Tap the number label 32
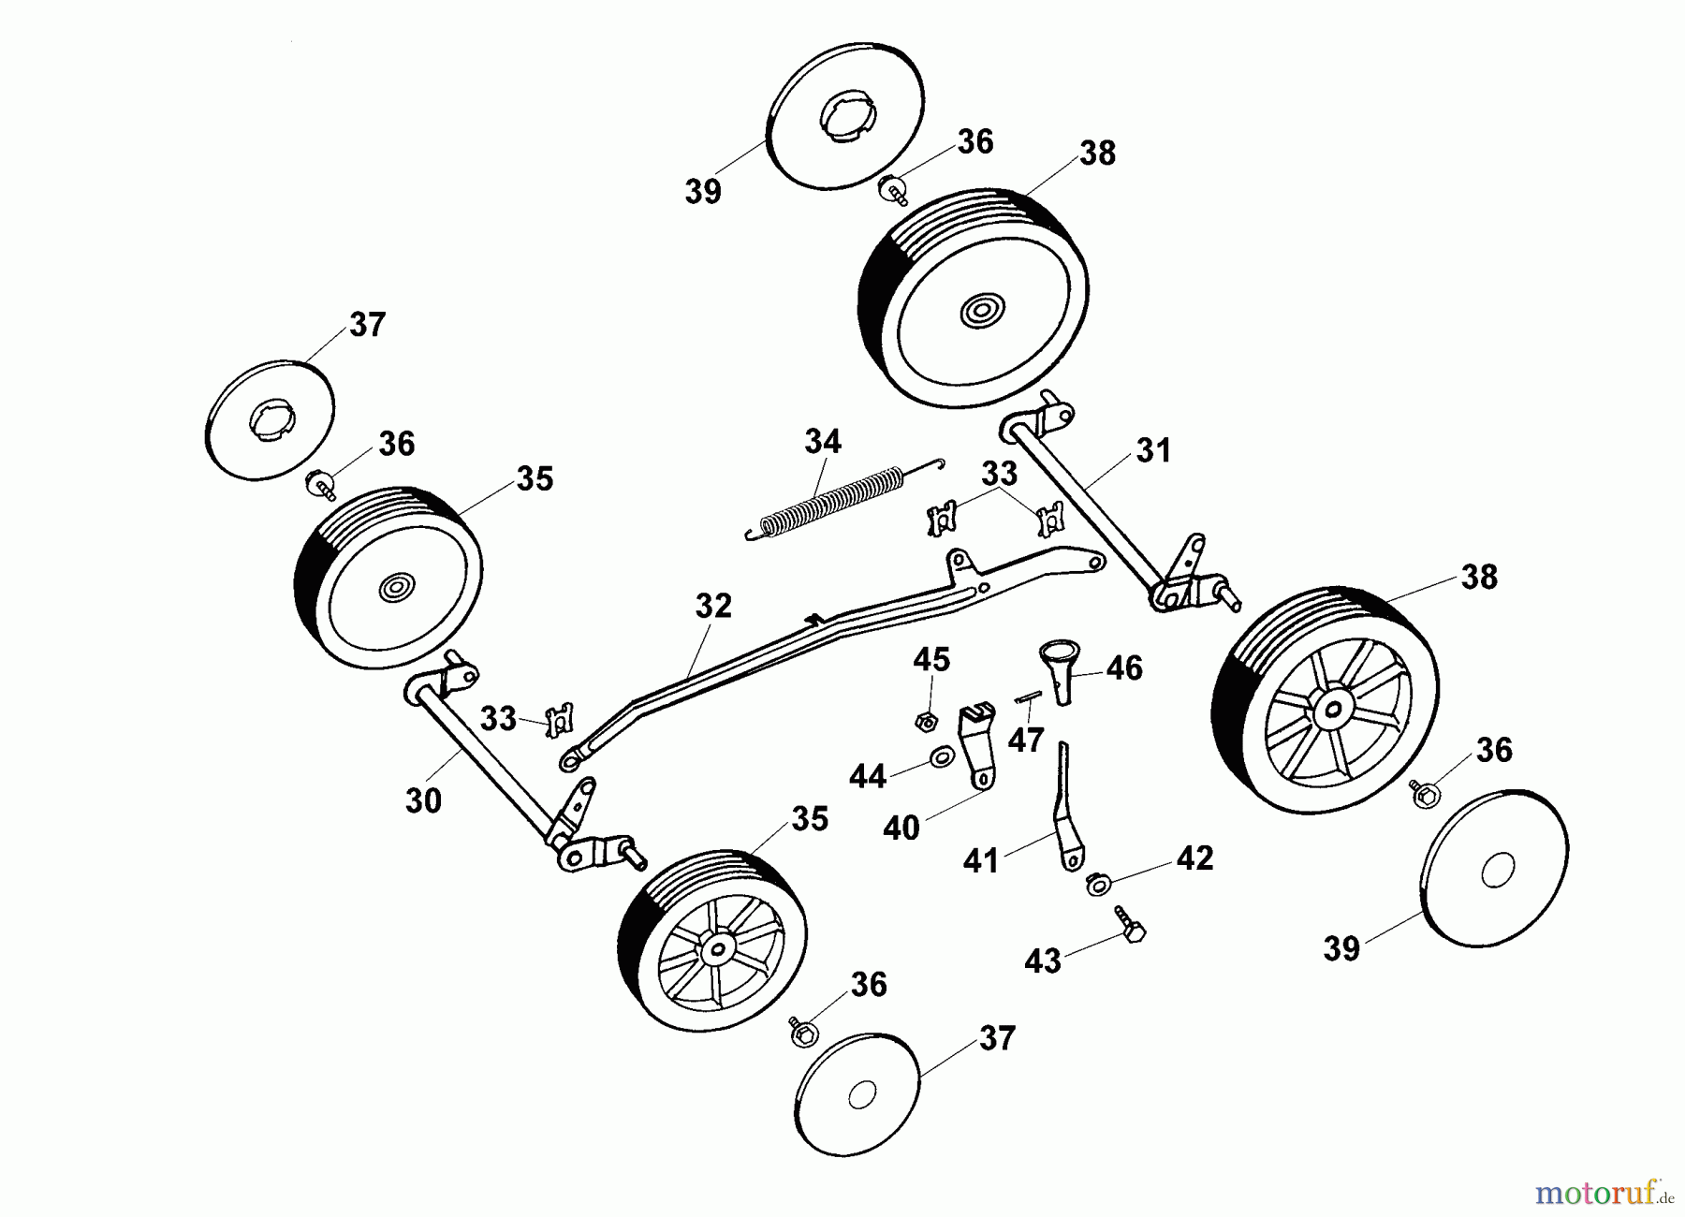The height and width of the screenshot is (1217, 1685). pyautogui.click(x=713, y=606)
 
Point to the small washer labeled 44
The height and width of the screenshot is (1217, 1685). pyautogui.click(x=942, y=756)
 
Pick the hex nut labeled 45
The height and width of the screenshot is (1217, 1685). pyautogui.click(x=926, y=722)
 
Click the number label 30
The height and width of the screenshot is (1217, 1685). pyautogui.click(x=423, y=801)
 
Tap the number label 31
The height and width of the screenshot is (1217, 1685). pyautogui.click(x=1153, y=450)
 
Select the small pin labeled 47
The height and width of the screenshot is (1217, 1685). pyautogui.click(x=1028, y=696)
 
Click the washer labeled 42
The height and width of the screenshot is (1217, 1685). pyautogui.click(x=1096, y=883)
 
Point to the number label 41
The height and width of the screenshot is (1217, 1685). pyautogui.click(x=981, y=860)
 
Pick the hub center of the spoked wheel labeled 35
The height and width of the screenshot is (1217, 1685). pyautogui.click(x=717, y=949)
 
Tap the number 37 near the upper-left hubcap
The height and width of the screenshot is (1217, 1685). pyautogui.click(x=367, y=325)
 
